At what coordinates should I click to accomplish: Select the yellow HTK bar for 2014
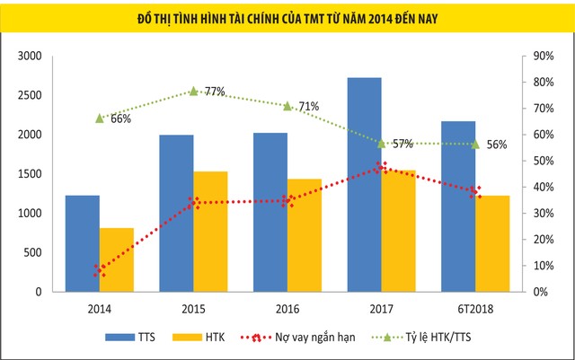pyautogui.click(x=117, y=259)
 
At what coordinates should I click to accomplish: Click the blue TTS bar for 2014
pyautogui.click(x=83, y=243)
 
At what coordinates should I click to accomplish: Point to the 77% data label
pyautogui.click(x=214, y=92)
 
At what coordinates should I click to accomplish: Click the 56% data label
pyautogui.click(x=496, y=145)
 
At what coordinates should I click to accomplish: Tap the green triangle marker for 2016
pyautogui.click(x=287, y=106)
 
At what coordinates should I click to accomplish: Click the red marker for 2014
pyautogui.click(x=100, y=269)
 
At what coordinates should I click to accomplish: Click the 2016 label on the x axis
pyautogui.click(x=287, y=308)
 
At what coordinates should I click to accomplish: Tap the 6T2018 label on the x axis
pyautogui.click(x=475, y=308)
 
